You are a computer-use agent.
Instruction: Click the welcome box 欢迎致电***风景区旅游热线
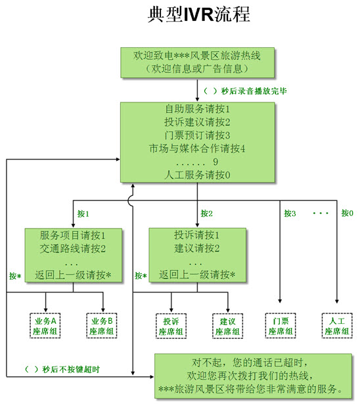tap(198, 62)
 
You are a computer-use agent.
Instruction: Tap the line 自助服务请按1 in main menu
tap(198, 108)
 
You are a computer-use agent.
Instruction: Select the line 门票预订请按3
tap(198, 135)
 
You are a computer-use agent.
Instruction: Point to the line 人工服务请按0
tap(198, 174)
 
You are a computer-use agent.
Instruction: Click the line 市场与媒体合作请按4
tap(198, 148)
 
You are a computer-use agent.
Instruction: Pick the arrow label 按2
tap(207, 213)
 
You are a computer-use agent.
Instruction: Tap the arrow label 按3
tap(290, 213)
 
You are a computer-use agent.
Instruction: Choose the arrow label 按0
tap(347, 213)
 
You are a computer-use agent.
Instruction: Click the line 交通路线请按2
tap(73, 248)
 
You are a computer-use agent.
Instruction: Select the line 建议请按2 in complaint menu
tap(197, 248)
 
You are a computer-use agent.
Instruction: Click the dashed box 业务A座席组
tap(46, 326)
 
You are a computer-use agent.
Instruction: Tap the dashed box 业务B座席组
tap(102, 326)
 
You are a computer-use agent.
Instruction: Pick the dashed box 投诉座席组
tap(171, 326)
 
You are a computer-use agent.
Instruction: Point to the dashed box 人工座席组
tap(338, 326)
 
